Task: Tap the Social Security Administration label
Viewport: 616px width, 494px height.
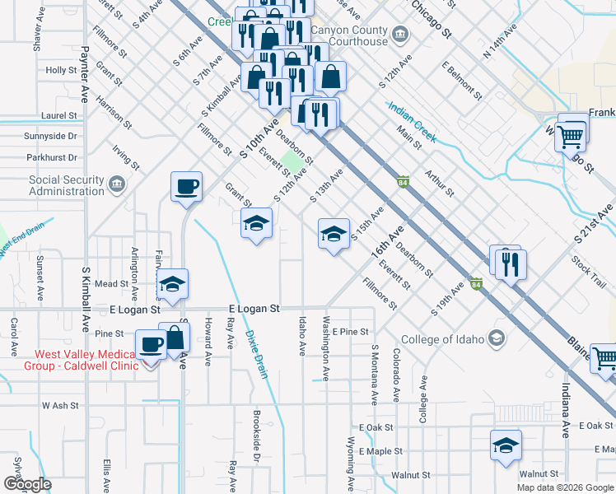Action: (67, 185)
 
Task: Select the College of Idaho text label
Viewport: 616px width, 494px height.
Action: (443, 339)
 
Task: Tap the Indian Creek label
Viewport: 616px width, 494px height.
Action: (412, 123)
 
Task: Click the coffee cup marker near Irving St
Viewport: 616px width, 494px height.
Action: (186, 186)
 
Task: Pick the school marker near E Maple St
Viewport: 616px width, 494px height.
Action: (506, 445)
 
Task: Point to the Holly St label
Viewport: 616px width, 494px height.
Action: (62, 71)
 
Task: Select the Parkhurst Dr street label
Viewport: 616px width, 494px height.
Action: (51, 157)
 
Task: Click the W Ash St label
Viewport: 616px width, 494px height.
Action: (59, 405)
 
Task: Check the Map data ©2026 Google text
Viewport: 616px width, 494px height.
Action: (564, 487)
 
